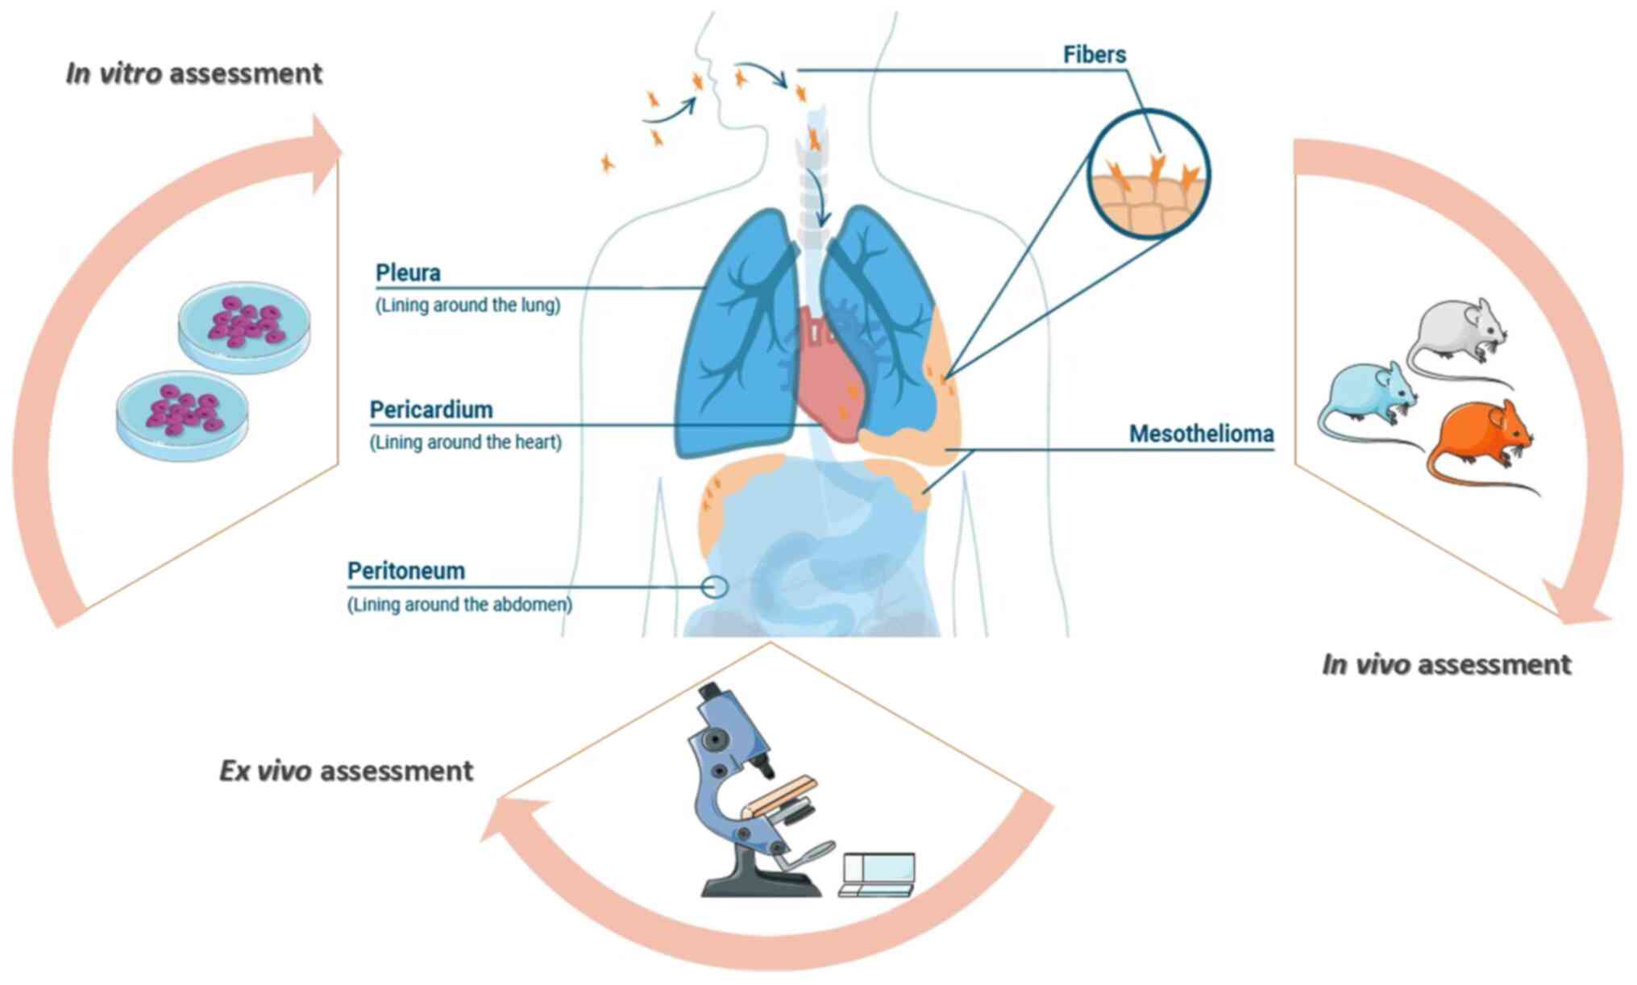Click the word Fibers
(1094, 55)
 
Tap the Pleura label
(408, 273)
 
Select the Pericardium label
(431, 410)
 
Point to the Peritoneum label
(406, 571)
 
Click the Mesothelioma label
(1201, 434)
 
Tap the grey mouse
(1455, 330)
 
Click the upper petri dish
(243, 322)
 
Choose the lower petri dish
(182, 414)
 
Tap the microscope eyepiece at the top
(709, 692)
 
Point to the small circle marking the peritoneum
(714, 587)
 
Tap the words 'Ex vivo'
(265, 771)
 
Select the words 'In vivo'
(1365, 665)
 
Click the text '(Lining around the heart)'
(466, 443)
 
